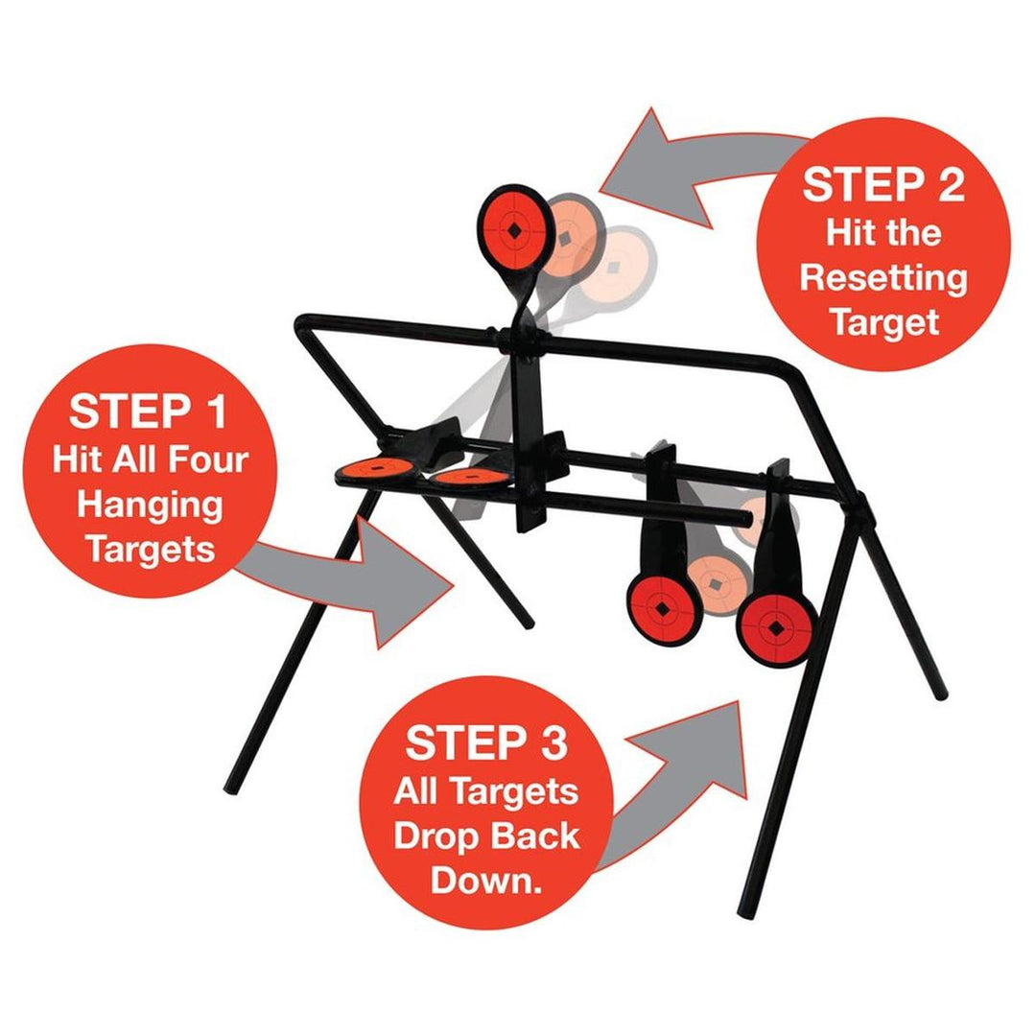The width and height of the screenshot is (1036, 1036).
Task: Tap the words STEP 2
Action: (x=883, y=184)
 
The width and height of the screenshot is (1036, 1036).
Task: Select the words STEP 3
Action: (x=486, y=743)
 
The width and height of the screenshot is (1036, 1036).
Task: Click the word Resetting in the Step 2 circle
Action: (x=883, y=278)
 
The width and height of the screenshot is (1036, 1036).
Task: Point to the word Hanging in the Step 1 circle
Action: (x=153, y=505)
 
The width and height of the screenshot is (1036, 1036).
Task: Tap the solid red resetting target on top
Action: (x=515, y=230)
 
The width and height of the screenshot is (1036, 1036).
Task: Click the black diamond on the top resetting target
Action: (x=515, y=231)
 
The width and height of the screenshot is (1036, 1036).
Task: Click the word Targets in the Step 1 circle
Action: (x=149, y=551)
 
